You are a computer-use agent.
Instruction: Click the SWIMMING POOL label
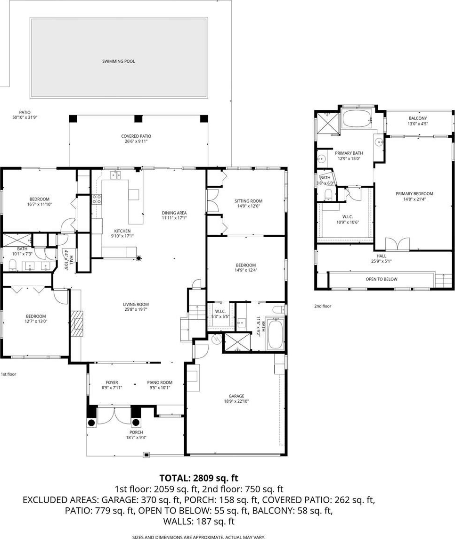119,61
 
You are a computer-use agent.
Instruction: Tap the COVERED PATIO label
136,136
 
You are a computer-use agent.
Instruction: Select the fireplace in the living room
77,323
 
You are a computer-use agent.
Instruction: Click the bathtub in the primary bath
357,119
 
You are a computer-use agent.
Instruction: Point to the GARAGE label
236,396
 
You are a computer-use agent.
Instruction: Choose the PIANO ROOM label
160,382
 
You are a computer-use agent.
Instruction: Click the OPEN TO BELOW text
382,279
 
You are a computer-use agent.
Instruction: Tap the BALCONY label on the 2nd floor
418,118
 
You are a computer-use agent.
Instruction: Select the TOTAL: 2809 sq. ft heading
198,478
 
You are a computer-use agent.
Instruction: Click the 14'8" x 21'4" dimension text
414,199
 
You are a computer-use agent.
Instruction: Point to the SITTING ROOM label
248,201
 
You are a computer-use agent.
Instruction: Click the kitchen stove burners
97,199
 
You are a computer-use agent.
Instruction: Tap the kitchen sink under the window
115,175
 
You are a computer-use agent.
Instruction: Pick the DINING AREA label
174,213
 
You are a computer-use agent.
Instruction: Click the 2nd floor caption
323,306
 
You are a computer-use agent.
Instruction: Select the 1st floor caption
8,374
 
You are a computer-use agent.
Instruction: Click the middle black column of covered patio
138,118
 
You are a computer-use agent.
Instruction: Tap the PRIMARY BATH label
349,153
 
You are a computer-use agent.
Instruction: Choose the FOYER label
112,382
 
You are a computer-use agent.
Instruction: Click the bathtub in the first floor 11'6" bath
276,333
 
